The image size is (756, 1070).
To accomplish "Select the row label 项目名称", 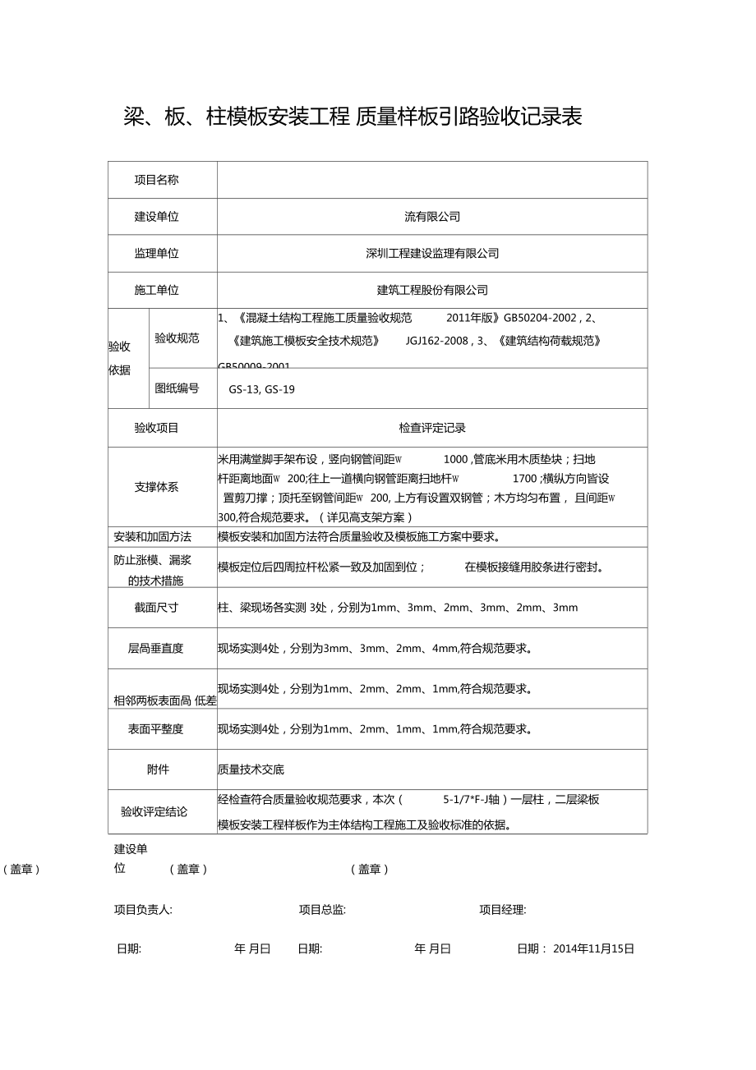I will coord(156,180).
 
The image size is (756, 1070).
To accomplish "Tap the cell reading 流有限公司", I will coord(432,217).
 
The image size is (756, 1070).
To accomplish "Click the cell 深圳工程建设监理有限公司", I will coord(432,253).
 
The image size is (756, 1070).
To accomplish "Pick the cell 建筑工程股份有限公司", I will coord(432,290).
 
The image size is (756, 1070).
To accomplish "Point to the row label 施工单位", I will coord(156,290).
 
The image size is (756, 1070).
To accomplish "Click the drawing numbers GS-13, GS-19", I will coord(261,389).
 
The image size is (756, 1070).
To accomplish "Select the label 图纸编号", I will coord(177,388).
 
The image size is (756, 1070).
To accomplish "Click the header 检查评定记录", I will coord(432,428).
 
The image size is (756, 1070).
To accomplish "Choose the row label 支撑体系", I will coord(156,487).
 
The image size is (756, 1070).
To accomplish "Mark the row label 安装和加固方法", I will coord(152,537).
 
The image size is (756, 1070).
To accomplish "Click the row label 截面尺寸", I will coord(156,608).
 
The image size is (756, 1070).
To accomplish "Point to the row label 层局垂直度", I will coord(156,648).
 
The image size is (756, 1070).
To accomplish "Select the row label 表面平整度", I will coord(156,728).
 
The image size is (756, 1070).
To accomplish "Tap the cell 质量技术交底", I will coord(251,769).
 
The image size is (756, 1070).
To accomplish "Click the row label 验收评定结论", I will coord(154,812).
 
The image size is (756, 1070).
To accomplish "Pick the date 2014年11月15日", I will coord(593,948).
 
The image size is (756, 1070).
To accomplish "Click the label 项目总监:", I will coord(322,910).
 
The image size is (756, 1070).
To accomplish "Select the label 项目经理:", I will coord(503,910).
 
